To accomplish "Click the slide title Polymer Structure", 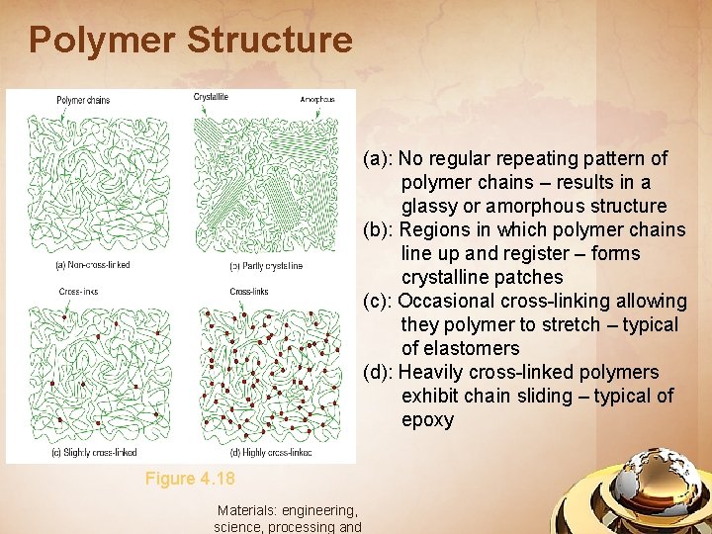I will [x=190, y=40].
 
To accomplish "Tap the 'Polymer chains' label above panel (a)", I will [x=83, y=100].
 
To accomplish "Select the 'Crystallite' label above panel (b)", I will [x=211, y=97].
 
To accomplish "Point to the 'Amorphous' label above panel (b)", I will [x=317, y=100].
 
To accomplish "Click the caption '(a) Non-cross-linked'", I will [x=92, y=265].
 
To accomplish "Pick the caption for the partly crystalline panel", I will [x=266, y=266].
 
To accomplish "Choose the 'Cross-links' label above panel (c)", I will [x=78, y=291].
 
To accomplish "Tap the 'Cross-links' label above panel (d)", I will [x=248, y=292].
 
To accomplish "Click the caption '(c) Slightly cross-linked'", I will [x=94, y=452].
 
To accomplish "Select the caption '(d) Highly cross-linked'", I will [x=270, y=452].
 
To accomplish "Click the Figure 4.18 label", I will [x=190, y=479].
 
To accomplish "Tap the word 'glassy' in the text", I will [x=429, y=206].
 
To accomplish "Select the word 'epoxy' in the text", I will [x=427, y=419].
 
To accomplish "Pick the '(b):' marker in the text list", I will [x=381, y=229].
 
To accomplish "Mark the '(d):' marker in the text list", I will [x=381, y=372].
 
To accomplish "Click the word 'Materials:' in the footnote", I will [x=246, y=510].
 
